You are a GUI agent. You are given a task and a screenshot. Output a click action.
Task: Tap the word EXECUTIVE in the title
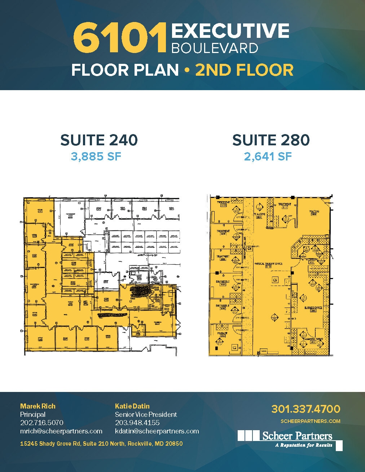[230, 31]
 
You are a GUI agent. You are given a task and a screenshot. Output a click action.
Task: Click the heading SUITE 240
[99, 140]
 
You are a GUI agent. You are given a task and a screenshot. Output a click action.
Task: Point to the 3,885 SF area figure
[96, 156]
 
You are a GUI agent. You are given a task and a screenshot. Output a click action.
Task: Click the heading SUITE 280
[271, 140]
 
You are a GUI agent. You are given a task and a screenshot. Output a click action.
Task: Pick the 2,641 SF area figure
[268, 156]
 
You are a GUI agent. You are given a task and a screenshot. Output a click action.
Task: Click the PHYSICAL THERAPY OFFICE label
[268, 264]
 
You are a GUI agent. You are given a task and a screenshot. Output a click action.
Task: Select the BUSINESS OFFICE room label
[313, 308]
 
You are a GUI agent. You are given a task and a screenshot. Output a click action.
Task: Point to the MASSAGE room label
[222, 334]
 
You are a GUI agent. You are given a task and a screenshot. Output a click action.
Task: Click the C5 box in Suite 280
[275, 280]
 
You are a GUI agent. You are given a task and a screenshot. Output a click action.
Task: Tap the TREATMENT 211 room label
[285, 206]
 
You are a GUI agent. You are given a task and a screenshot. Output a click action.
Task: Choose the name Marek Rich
[38, 406]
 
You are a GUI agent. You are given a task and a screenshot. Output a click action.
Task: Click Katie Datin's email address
[157, 431]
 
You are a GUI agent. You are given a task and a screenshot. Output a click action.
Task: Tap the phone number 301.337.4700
[305, 409]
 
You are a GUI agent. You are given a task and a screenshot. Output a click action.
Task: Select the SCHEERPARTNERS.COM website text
[310, 421]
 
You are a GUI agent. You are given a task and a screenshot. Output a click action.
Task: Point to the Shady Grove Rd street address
[101, 444]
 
